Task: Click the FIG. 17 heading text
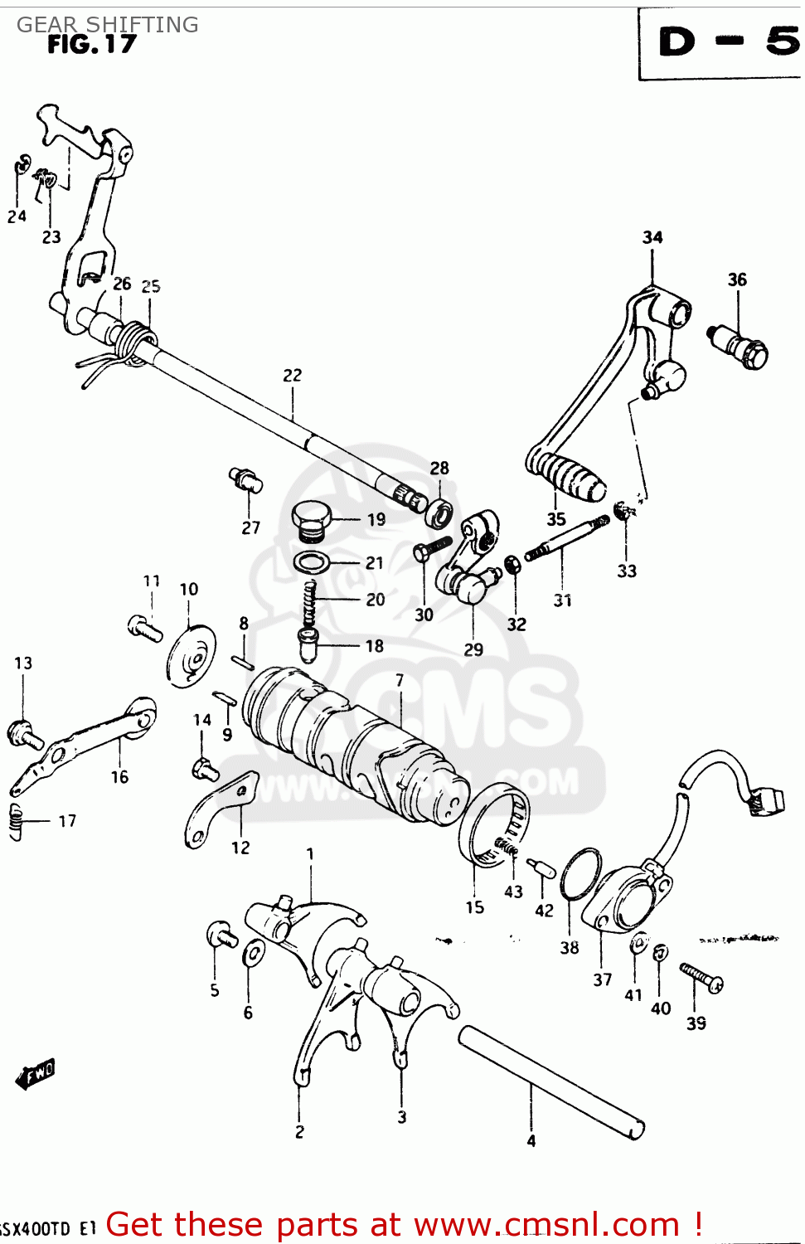click(91, 44)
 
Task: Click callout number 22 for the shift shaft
click(293, 376)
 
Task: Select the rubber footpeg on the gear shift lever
click(569, 478)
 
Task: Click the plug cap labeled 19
click(311, 519)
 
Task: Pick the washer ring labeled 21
click(311, 563)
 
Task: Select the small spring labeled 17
click(16, 822)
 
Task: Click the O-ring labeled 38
click(580, 874)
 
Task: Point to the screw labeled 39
click(701, 978)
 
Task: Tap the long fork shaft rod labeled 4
click(551, 1082)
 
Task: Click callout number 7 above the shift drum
click(400, 681)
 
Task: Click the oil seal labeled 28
click(439, 513)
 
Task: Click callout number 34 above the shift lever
click(652, 238)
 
